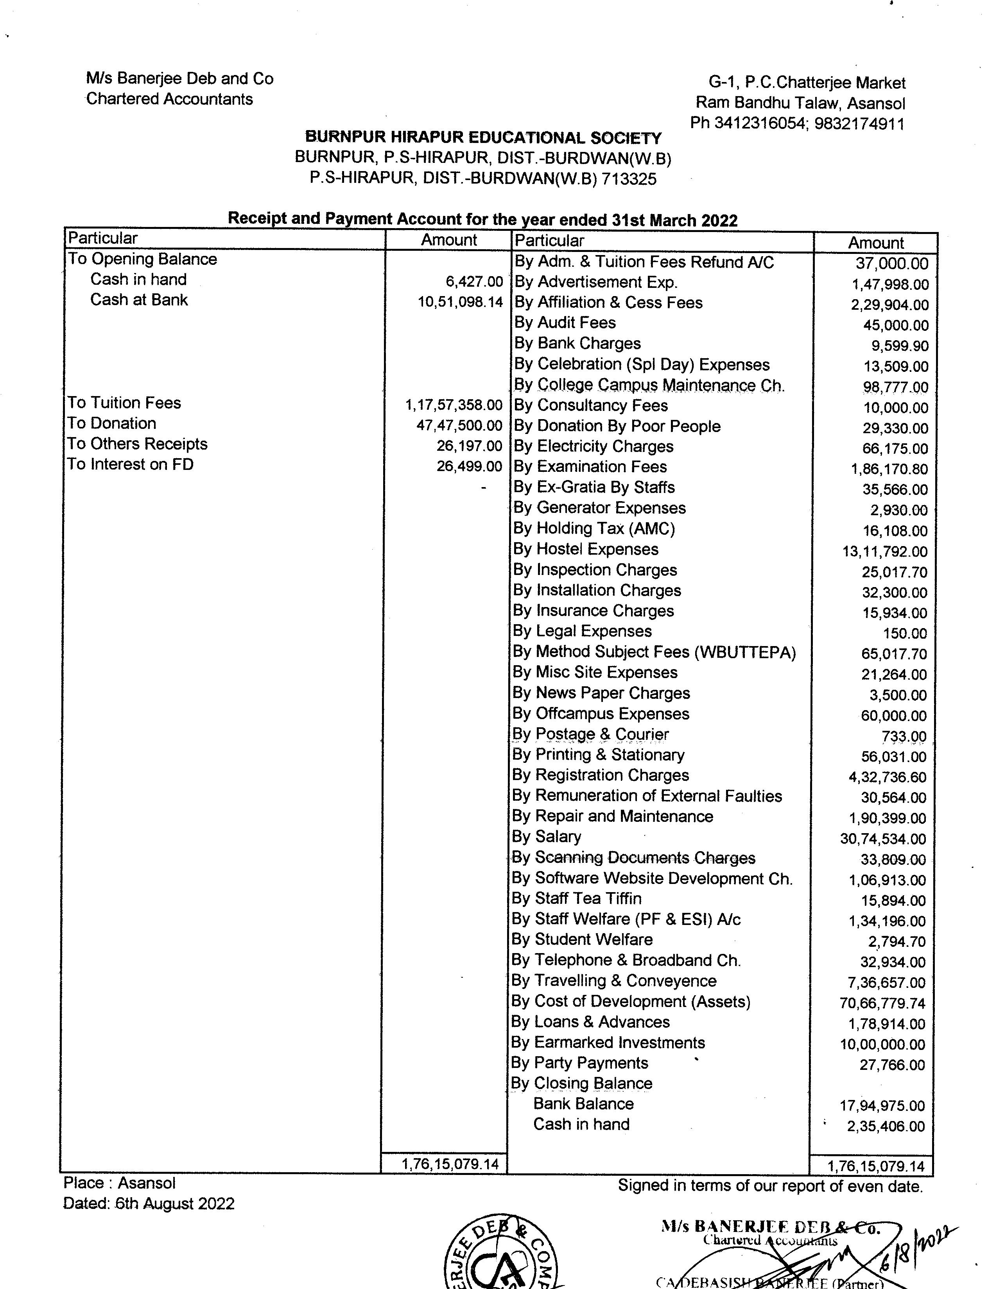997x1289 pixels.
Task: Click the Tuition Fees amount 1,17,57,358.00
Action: pyautogui.click(x=453, y=405)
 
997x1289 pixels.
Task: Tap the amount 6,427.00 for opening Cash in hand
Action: pyautogui.click(x=474, y=282)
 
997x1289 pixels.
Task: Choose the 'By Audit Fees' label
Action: pyautogui.click(x=565, y=323)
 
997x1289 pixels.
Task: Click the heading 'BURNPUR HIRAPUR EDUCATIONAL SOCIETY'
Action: pyautogui.click(x=483, y=138)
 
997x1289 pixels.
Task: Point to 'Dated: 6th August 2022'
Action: pyautogui.click(x=149, y=1203)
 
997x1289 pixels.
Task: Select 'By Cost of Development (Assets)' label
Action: pyautogui.click(x=631, y=1001)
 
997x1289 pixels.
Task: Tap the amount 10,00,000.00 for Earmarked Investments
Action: pyautogui.click(x=882, y=1044)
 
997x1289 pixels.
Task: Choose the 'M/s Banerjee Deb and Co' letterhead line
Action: pyautogui.click(x=179, y=79)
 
